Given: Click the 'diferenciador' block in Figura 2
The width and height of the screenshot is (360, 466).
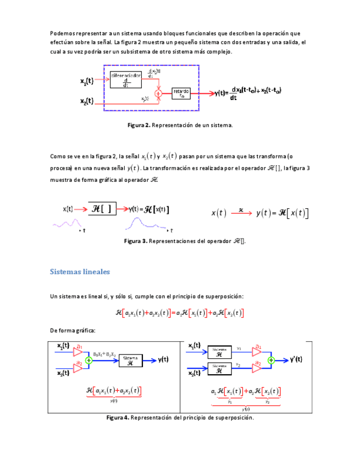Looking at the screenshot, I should click(126, 80).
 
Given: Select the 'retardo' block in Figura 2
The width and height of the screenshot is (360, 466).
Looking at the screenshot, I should click(182, 93).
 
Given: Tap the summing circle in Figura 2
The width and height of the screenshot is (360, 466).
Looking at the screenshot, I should click(158, 94).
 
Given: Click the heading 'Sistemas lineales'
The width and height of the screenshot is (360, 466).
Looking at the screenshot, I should click(80, 272).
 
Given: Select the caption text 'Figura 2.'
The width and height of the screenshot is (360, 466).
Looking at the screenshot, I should click(139, 125).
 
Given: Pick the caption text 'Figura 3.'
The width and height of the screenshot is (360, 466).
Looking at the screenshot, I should click(136, 241).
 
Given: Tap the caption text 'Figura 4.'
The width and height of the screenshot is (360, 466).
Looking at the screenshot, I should click(118, 418).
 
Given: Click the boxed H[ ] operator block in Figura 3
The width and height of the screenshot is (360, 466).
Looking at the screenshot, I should click(102, 209).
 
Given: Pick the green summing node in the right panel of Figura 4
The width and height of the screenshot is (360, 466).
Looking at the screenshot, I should click(271, 360).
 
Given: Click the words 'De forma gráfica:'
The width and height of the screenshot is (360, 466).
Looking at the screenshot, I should click(73, 330).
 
